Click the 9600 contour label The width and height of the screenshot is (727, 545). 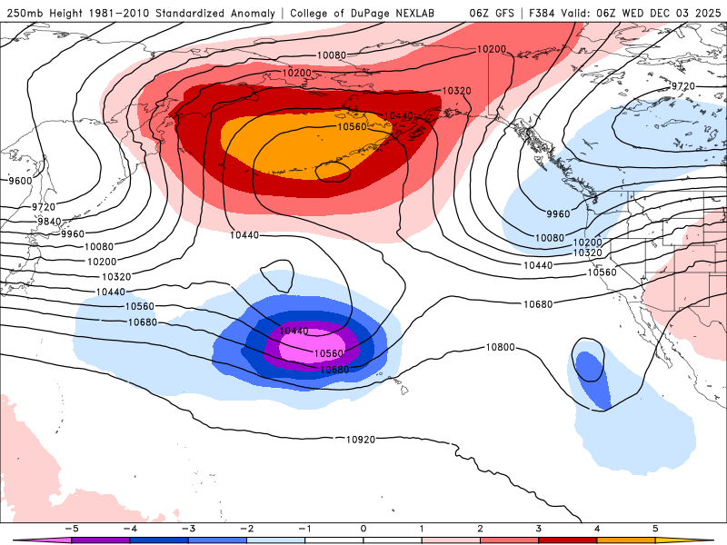coord(19,181)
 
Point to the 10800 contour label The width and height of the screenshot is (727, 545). coord(500,347)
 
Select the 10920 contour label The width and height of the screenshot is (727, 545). coord(361,440)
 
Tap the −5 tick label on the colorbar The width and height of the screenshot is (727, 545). coord(71,528)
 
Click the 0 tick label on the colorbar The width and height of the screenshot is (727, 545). coord(363,528)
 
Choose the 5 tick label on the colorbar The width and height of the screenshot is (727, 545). coord(655,528)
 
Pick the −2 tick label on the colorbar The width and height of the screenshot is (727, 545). coord(246,528)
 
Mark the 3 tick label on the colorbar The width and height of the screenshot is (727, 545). coord(539,528)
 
